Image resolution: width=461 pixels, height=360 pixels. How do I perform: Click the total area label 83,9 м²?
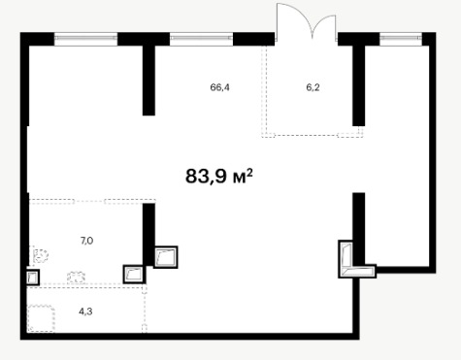(219, 177)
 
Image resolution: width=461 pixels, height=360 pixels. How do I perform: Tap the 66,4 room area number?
(219, 87)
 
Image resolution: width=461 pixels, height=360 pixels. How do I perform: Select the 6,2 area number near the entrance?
(313, 87)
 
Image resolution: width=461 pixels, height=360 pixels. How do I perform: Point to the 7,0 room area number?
(86, 241)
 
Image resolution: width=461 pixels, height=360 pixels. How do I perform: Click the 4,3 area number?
(85, 311)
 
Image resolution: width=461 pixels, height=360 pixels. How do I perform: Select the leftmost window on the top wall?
(85, 38)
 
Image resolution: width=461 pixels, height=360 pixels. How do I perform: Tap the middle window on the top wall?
(201, 38)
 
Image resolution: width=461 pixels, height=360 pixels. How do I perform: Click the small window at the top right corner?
(401, 38)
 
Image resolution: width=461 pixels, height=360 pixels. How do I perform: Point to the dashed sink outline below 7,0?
(77, 278)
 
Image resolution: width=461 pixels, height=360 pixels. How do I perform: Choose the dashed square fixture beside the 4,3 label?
(41, 318)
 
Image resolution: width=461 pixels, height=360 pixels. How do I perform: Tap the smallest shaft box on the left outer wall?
(32, 278)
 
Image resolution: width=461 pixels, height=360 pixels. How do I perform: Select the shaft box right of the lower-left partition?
(165, 257)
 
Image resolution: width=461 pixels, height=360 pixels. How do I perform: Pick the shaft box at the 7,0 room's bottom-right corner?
(134, 275)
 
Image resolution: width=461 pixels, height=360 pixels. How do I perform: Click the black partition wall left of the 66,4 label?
(148, 81)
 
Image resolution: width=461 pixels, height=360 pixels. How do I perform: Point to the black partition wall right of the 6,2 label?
(358, 85)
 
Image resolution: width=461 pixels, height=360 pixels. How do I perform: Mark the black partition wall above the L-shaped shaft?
(358, 229)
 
